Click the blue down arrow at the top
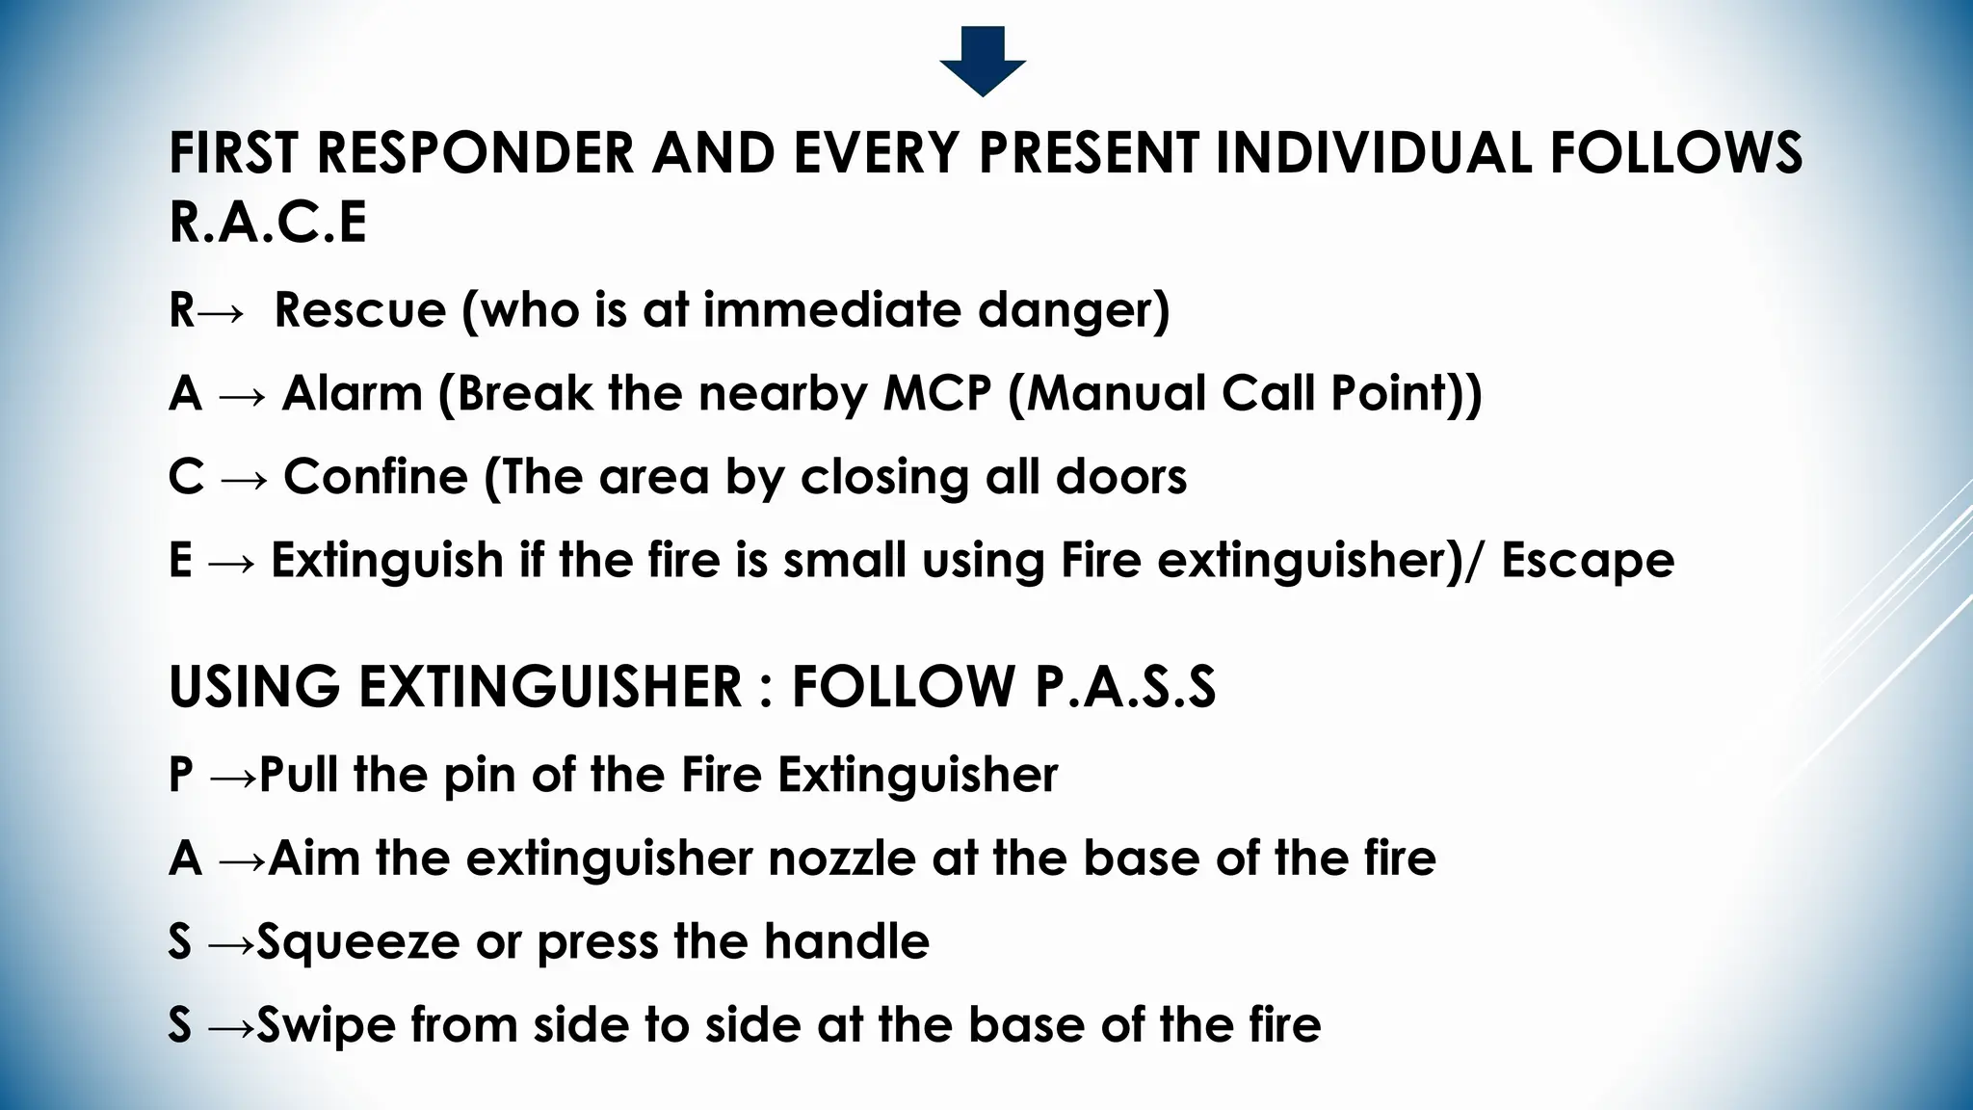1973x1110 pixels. [x=983, y=61]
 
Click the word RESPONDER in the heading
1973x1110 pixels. [x=476, y=153]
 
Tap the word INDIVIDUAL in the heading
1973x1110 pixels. [x=1373, y=153]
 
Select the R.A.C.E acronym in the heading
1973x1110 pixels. [x=268, y=223]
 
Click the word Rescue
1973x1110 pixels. [x=360, y=310]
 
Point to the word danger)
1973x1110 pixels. [x=1073, y=310]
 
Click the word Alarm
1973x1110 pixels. [x=353, y=394]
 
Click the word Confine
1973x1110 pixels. [x=376, y=477]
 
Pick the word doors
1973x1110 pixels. [x=1121, y=477]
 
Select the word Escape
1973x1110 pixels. [x=1588, y=561]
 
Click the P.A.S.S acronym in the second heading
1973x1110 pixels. [x=1125, y=687]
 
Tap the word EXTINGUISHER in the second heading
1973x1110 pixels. [x=551, y=687]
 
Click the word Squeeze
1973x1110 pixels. [x=358, y=942]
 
